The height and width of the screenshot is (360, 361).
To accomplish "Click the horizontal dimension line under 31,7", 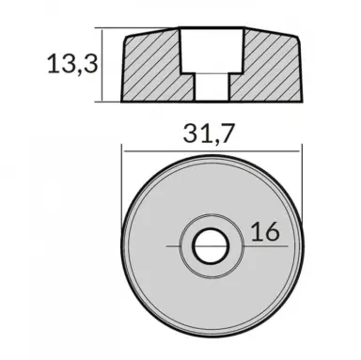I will [x=212, y=148].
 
